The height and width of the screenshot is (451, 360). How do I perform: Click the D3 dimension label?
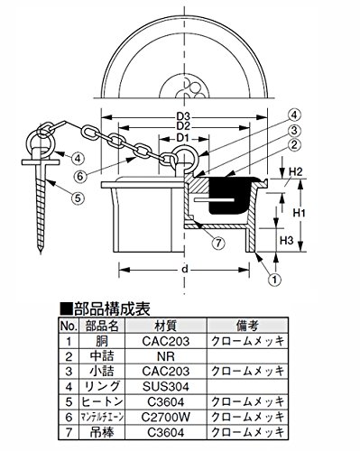(x=184, y=116)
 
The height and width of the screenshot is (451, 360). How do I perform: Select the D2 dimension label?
(x=184, y=126)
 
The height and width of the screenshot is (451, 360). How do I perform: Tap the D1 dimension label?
(x=184, y=138)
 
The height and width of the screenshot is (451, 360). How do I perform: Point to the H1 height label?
(x=299, y=213)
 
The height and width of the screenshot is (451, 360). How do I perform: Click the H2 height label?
(x=295, y=172)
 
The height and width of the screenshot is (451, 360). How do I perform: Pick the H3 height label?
(x=287, y=240)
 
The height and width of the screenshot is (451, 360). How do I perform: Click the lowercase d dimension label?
(x=185, y=269)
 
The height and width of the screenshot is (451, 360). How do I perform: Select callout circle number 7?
(x=218, y=243)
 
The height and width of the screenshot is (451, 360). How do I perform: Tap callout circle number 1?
(x=274, y=280)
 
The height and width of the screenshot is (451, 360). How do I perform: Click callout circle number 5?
(x=78, y=198)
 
